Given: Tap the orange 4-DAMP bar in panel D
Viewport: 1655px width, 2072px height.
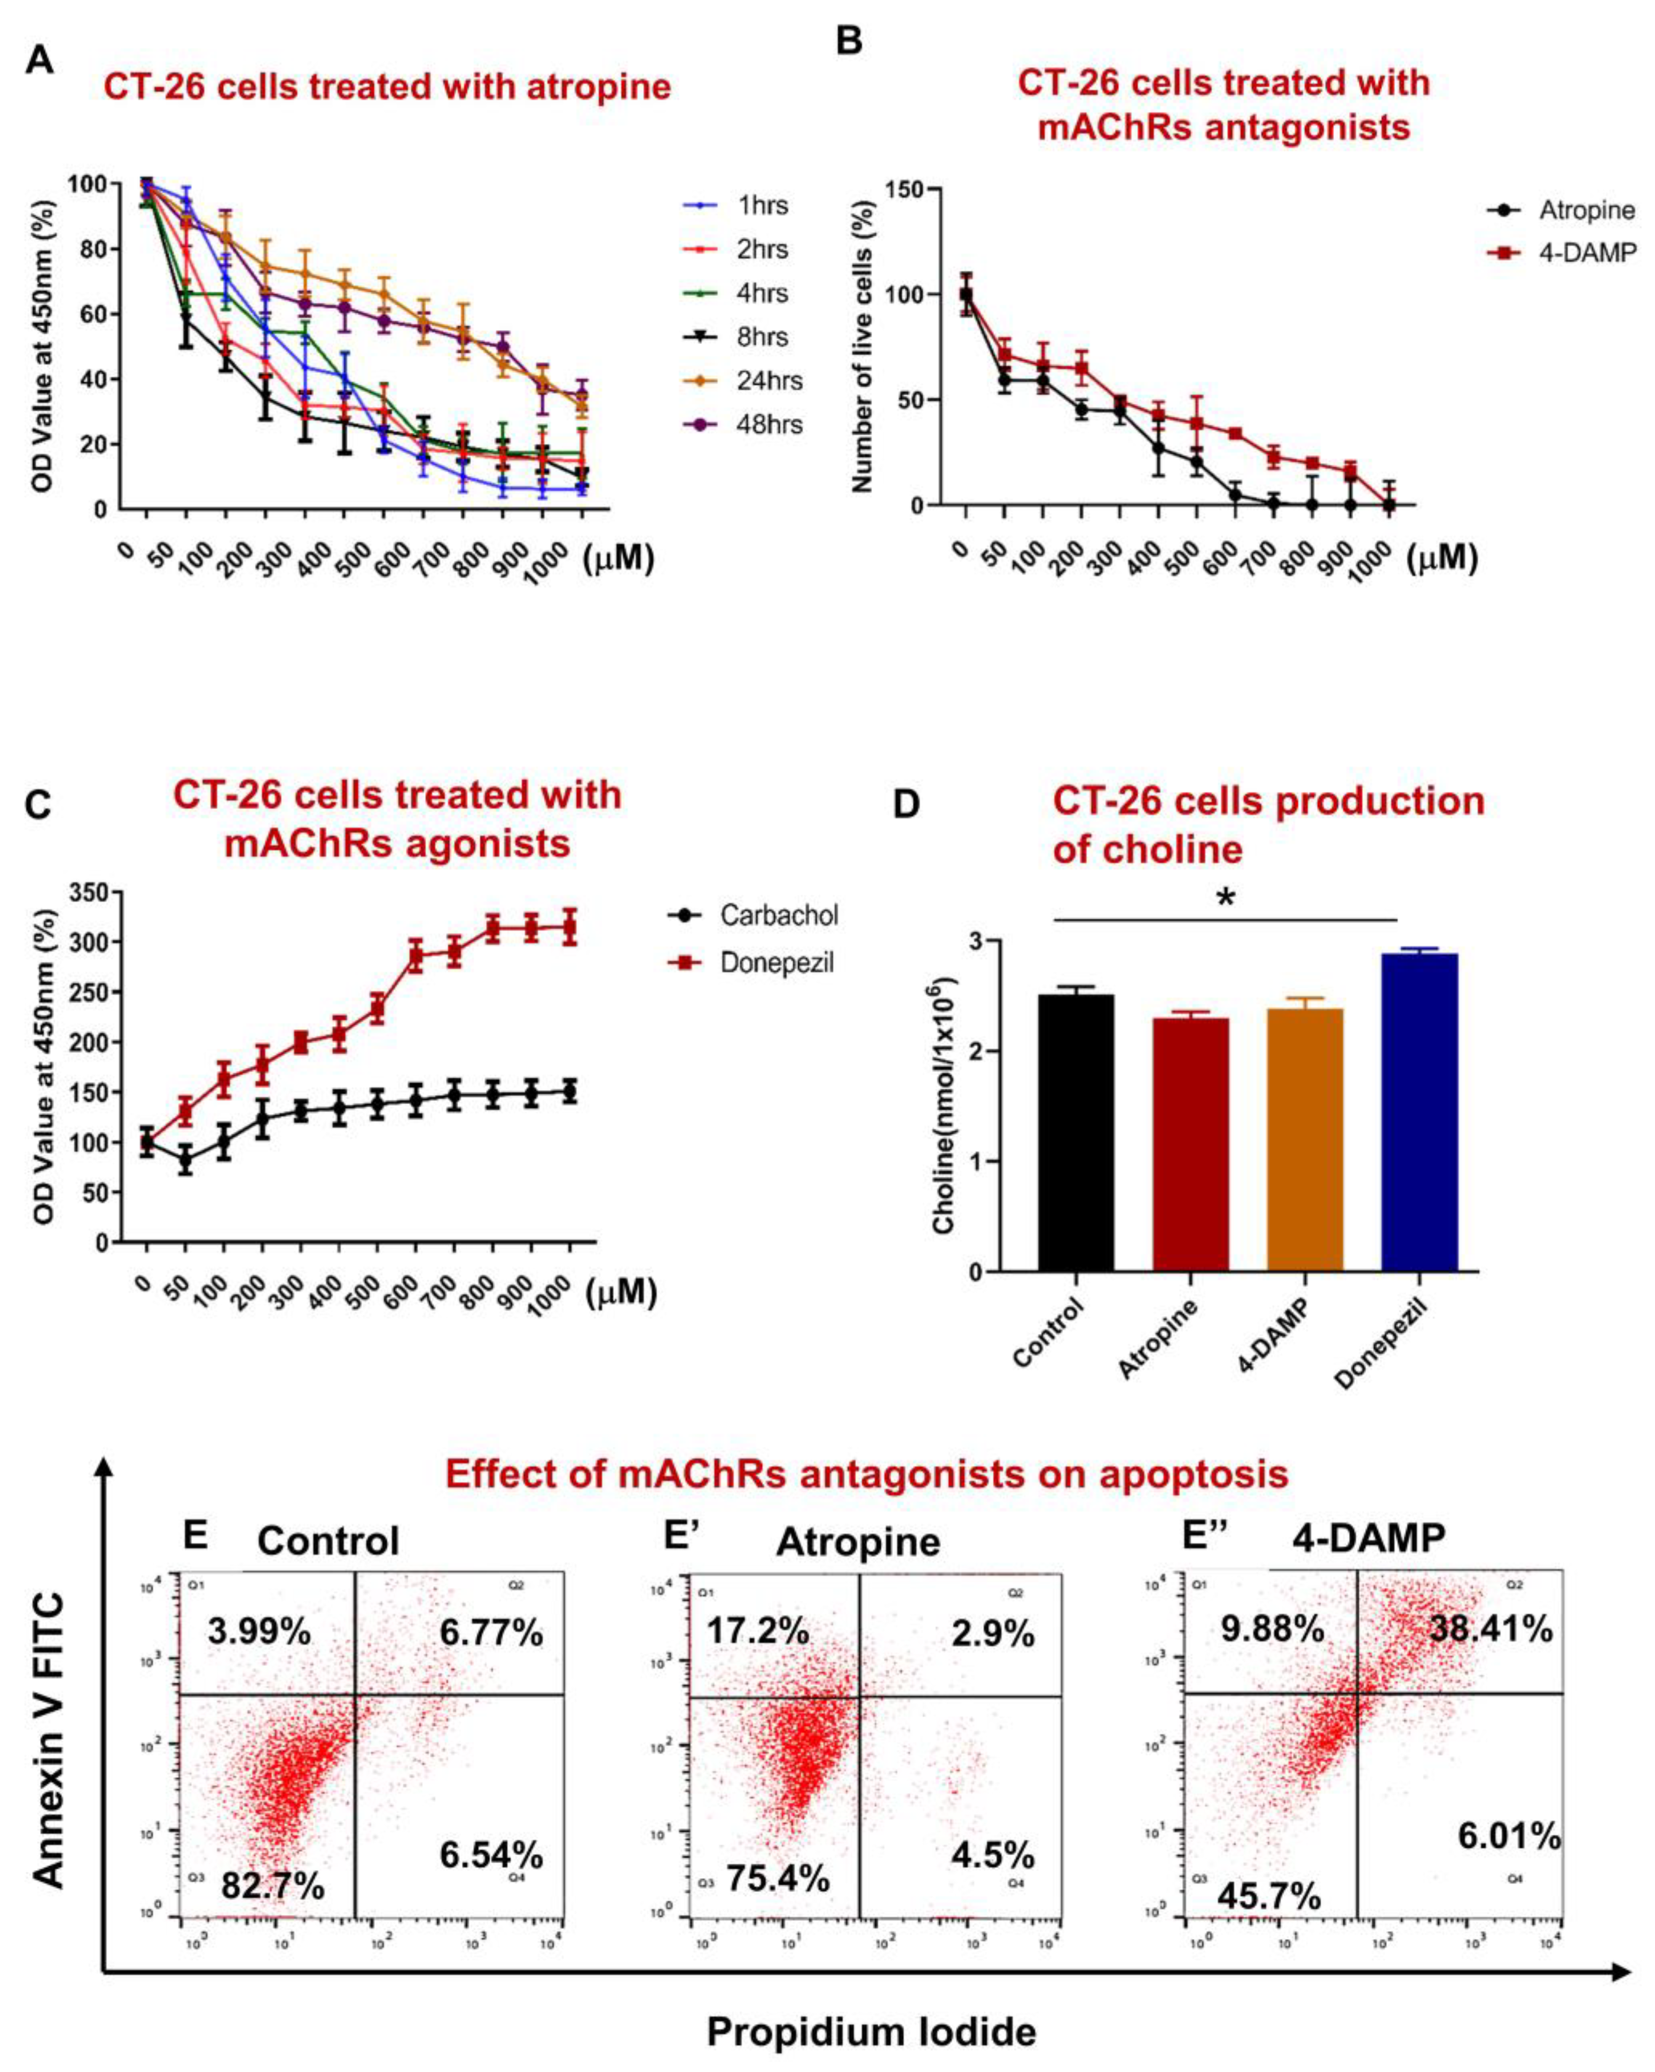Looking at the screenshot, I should (x=1305, y=1139).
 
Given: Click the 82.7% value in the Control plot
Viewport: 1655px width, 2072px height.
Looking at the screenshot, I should (x=273, y=1886).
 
